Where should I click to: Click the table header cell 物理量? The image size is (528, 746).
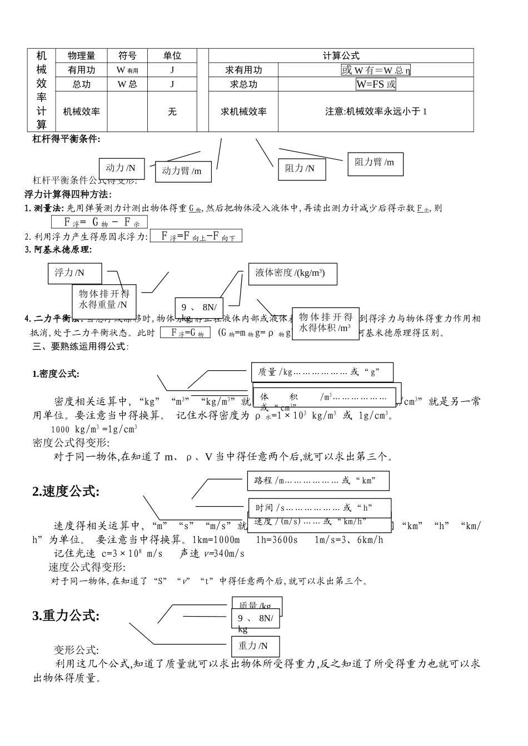(81, 56)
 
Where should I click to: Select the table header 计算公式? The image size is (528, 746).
(341, 56)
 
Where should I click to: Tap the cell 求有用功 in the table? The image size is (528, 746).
(243, 70)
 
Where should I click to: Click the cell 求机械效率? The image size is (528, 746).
(243, 112)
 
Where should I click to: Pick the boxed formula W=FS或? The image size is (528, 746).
(376, 84)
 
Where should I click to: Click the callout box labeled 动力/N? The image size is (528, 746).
(121, 168)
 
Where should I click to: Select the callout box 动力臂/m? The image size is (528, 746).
(182, 171)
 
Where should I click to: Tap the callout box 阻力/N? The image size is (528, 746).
(300, 169)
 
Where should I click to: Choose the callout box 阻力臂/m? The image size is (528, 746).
(375, 163)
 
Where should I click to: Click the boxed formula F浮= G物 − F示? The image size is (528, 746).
(99, 222)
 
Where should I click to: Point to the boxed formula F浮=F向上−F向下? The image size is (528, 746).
(196, 236)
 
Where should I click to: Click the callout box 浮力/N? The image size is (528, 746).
(74, 273)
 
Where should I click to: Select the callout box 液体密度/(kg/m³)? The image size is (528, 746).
(292, 273)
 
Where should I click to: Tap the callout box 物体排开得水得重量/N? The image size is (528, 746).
(104, 299)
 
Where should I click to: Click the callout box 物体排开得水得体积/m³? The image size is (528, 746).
(325, 322)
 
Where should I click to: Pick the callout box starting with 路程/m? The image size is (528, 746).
(318, 481)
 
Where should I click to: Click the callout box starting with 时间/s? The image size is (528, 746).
(319, 507)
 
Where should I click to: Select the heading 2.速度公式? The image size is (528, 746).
(66, 491)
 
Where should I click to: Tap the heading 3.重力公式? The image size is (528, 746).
(66, 616)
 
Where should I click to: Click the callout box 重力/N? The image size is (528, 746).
(255, 646)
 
